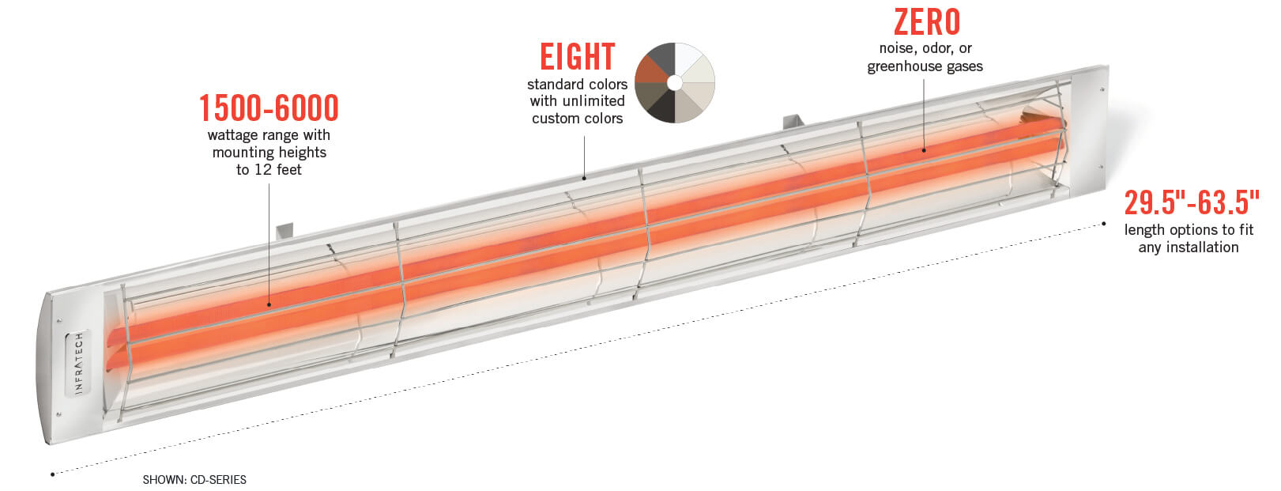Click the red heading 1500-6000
click(269, 108)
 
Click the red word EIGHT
click(577, 57)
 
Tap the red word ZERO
click(926, 22)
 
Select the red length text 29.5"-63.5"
click(1191, 202)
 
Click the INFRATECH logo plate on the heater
click(78, 364)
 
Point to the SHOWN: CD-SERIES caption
click(194, 480)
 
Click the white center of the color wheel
click(674, 82)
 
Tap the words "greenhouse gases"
click(925, 66)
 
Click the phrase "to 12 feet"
click(269, 169)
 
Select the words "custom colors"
click(577, 119)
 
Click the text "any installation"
click(1188, 247)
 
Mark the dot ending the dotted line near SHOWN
click(53, 474)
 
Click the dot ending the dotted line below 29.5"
click(1103, 225)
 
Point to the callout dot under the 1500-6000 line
click(269, 304)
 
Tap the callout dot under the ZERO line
click(924, 149)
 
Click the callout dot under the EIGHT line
click(584, 178)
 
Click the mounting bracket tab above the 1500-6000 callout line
click(284, 231)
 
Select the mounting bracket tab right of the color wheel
click(793, 122)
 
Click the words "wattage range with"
click(269, 135)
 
